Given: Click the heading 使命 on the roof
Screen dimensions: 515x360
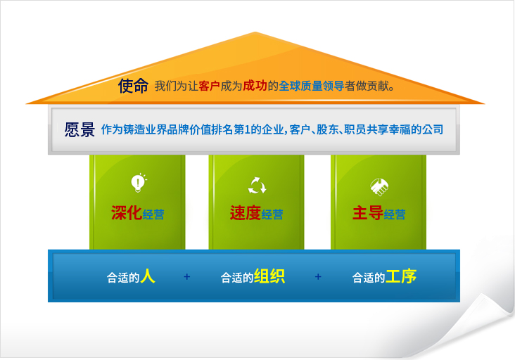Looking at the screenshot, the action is [133, 86].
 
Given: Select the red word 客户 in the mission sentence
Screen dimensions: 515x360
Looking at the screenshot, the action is [209, 86].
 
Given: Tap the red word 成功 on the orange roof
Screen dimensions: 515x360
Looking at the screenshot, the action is [255, 86].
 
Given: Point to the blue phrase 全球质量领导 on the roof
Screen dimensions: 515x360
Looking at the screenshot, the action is [312, 86].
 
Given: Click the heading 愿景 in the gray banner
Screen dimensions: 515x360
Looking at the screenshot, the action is [80, 129].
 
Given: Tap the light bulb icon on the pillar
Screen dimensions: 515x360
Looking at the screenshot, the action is [139, 183].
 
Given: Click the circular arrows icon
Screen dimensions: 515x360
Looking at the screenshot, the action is [257, 186].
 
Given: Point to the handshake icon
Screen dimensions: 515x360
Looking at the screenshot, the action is [379, 187].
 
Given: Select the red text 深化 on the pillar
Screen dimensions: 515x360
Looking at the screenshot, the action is [127, 213].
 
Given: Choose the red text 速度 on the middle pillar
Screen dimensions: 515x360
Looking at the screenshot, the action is [246, 213].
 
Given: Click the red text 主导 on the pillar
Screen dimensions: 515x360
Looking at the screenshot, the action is [367, 213].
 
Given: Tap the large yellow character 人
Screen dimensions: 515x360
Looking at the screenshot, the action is [148, 276].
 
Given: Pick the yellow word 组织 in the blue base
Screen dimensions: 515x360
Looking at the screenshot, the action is [269, 276].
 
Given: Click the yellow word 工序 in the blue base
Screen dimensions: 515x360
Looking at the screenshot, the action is [401, 276].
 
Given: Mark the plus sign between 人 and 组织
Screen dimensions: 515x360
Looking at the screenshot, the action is [187, 276].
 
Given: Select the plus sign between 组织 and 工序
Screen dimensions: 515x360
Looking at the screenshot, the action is [318, 276].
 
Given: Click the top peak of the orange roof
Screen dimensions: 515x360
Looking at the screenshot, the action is [255, 32].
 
